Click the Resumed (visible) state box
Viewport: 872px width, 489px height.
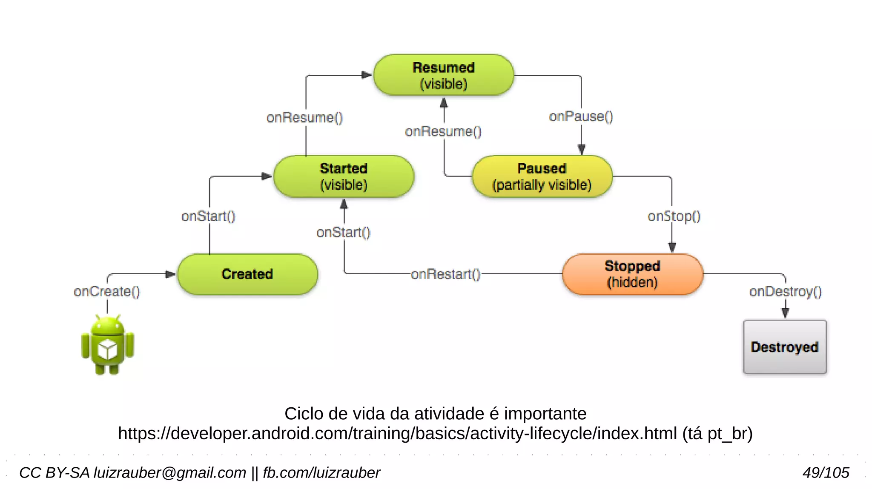pos(443,75)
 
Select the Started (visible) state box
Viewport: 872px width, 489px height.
pos(344,176)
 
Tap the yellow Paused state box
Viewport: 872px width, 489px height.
pos(542,176)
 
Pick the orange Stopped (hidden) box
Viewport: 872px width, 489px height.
pos(632,274)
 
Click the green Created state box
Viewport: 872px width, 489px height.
pos(247,274)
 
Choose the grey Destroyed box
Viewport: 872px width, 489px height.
pos(784,347)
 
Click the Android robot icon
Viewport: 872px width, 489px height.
pos(107,345)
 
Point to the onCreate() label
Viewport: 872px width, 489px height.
pos(106,292)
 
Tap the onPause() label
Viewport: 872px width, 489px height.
pos(581,117)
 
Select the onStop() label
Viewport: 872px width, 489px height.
pos(674,216)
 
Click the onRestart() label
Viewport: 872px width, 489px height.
pos(445,274)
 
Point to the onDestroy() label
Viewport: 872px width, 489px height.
pos(785,292)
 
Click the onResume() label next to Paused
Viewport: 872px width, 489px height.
pos(443,131)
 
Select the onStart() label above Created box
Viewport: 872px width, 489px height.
pos(208,216)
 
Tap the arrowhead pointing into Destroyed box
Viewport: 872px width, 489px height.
pos(785,313)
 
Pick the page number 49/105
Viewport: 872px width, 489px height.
pos(826,472)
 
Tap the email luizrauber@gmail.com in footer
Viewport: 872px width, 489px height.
pos(169,472)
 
